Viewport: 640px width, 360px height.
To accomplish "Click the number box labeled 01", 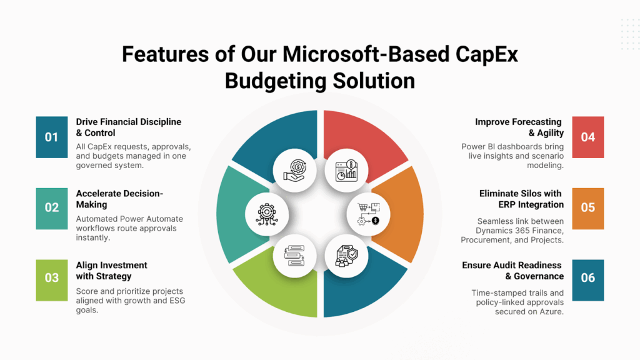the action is click(x=52, y=137).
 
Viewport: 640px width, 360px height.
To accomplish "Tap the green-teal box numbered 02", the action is click(x=52, y=209).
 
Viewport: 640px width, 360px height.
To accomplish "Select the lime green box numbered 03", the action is click(x=52, y=281).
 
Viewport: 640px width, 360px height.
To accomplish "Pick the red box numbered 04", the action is click(x=587, y=137).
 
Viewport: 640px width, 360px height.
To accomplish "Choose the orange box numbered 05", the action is click(x=587, y=209).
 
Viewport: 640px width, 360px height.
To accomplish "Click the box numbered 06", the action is click(x=587, y=281).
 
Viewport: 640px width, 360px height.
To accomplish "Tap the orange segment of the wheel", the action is click(x=402, y=214).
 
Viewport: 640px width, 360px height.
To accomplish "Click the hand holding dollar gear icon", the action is click(x=295, y=171).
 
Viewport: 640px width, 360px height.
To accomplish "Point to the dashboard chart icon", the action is click(x=346, y=171).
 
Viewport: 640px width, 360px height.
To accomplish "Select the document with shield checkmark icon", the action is click(x=346, y=256).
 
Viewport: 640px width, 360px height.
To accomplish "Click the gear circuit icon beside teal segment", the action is click(x=267, y=214).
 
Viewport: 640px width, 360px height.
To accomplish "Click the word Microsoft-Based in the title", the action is click(x=366, y=54).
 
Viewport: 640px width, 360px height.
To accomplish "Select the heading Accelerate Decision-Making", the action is click(x=119, y=199).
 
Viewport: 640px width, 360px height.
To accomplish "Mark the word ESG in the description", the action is click(x=177, y=301).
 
